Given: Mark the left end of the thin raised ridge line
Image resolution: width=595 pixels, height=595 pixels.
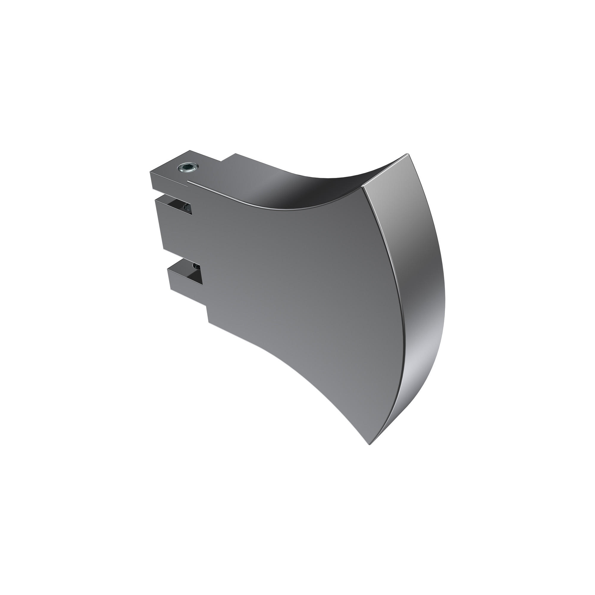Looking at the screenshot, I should [189, 182].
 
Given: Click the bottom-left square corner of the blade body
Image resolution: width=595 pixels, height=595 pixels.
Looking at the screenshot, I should [209, 323].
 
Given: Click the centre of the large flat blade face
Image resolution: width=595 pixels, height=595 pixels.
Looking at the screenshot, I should [292, 277].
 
